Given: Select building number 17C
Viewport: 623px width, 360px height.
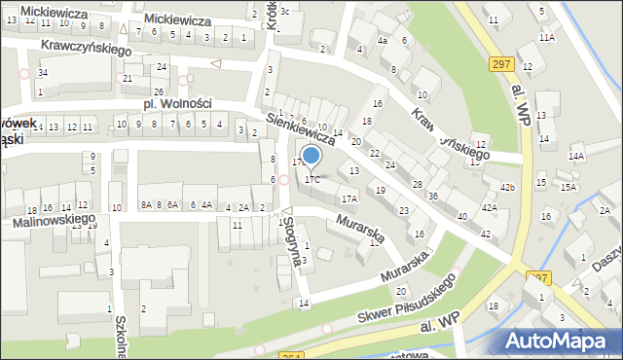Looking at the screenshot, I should click(311, 179).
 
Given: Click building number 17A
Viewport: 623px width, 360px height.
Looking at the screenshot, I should click(348, 198).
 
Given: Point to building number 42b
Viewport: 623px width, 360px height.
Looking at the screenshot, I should click(507, 187).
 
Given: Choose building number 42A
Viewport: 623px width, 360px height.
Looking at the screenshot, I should click(490, 207).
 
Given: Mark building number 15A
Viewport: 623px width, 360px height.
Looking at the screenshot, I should click(568, 187).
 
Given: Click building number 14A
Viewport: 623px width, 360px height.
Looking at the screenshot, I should click(577, 156).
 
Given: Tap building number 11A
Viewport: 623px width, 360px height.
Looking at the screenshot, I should click(548, 37).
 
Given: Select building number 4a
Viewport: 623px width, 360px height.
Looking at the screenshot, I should click(383, 41).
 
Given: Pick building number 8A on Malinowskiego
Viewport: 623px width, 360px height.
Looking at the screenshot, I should click(146, 205).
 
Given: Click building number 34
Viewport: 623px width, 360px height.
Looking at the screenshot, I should click(42, 73).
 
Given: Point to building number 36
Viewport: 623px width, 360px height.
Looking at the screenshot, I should click(432, 197).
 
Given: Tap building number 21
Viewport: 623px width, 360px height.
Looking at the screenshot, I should click(128, 78).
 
